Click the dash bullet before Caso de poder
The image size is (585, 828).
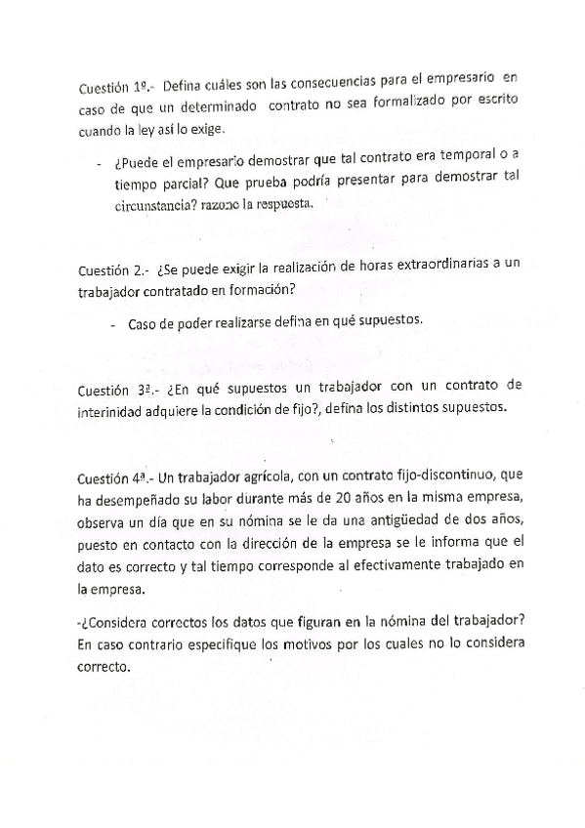click(113, 323)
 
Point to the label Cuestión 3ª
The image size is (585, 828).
click(111, 392)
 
